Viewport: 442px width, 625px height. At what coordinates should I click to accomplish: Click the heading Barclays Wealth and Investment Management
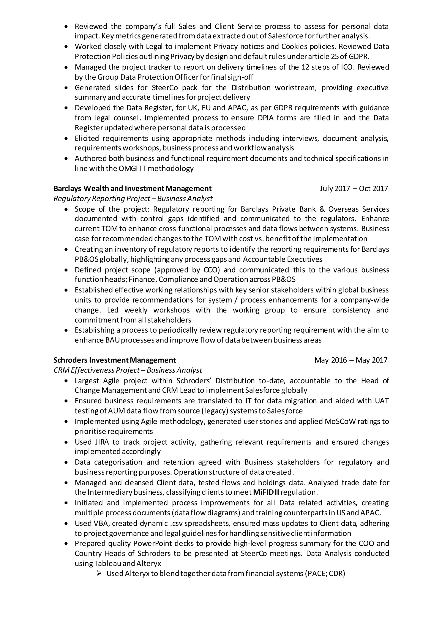(133, 188)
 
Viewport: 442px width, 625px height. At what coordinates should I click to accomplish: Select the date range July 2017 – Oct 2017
(354, 188)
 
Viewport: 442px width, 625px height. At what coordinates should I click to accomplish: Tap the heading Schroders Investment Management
(115, 360)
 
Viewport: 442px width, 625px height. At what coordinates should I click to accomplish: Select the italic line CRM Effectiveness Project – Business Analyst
(128, 370)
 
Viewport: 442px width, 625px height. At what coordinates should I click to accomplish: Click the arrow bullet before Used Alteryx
(99, 574)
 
